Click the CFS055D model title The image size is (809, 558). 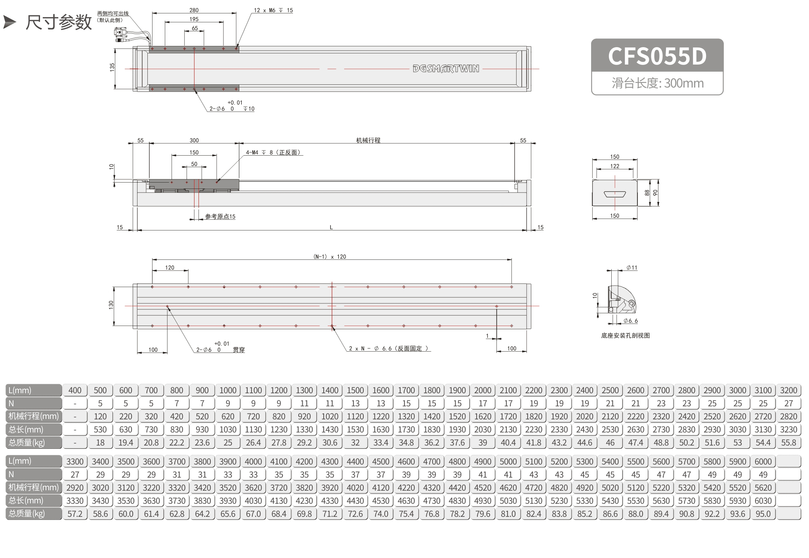[x=657, y=56]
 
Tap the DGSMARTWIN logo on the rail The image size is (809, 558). [x=446, y=69]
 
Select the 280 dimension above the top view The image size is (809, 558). [x=194, y=10]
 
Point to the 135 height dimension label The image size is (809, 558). [x=112, y=67]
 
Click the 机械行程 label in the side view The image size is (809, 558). [x=368, y=140]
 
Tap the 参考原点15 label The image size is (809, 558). [x=220, y=217]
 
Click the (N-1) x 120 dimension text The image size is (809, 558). [x=330, y=257]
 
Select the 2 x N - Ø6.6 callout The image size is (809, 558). [x=389, y=349]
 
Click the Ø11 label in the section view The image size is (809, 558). [x=632, y=268]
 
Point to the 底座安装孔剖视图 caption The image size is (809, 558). [x=625, y=335]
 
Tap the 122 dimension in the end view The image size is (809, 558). [x=614, y=166]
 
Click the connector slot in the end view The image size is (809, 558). [x=614, y=194]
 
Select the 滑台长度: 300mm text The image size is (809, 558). [x=658, y=83]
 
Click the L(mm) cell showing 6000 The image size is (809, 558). [x=763, y=461]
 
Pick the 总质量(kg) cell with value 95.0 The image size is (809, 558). [x=763, y=514]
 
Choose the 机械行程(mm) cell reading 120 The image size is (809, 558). [x=100, y=417]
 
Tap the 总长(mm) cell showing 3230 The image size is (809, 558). [x=788, y=430]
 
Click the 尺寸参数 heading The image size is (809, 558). [x=59, y=22]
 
